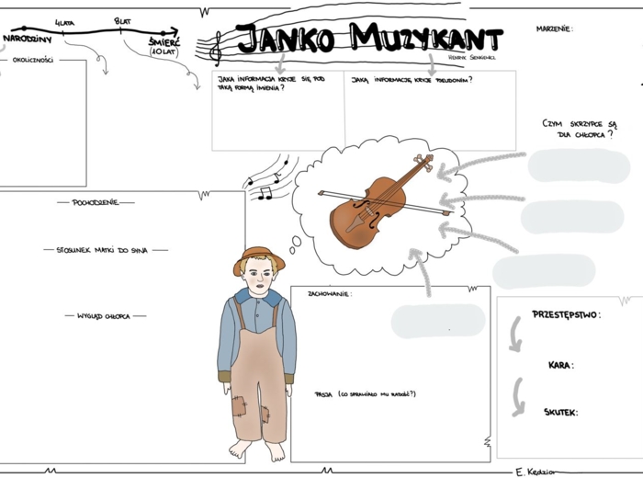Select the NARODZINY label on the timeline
pyautogui.click(x=27, y=40)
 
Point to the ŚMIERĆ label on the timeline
pyautogui.click(x=164, y=42)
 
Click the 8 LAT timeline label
pyautogui.click(x=122, y=20)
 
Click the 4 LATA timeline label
pyautogui.click(x=64, y=20)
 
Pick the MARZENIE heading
pyautogui.click(x=554, y=29)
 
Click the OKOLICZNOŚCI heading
pyautogui.click(x=32, y=61)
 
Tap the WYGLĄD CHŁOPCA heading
pyautogui.click(x=105, y=316)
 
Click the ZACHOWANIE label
pyautogui.click(x=330, y=294)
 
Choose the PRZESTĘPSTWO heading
pyautogui.click(x=566, y=314)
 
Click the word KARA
pyautogui.click(x=560, y=365)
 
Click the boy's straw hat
pyautogui.click(x=258, y=256)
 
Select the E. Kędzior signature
pyautogui.click(x=534, y=472)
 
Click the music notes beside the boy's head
pyautogui.click(x=269, y=178)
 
